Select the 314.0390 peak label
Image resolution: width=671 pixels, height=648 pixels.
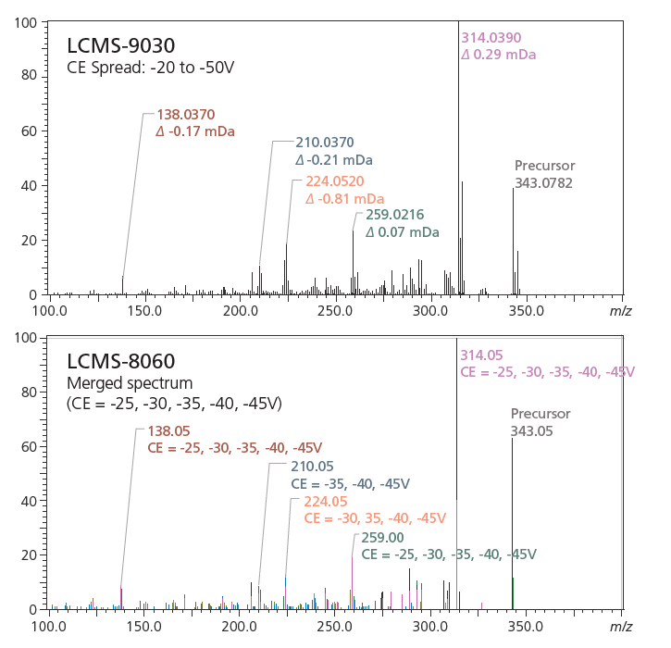(491, 38)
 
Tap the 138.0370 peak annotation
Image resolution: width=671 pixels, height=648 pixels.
(186, 115)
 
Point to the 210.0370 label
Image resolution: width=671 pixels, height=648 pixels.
(325, 143)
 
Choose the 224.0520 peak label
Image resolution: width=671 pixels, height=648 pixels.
(334, 181)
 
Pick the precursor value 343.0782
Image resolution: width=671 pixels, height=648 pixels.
(543, 183)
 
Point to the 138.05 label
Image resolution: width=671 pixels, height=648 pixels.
(168, 430)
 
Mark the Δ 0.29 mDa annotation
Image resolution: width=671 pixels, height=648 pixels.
(498, 55)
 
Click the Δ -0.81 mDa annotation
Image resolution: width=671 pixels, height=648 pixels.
(345, 199)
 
